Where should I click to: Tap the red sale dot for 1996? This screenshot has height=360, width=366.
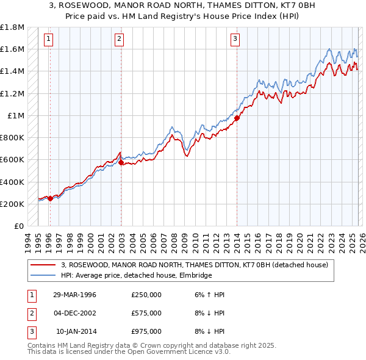click(x=50, y=198)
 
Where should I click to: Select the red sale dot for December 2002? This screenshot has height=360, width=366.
click(x=121, y=163)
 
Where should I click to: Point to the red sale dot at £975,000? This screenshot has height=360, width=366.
click(x=237, y=118)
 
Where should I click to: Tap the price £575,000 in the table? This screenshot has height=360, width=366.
click(x=146, y=313)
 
